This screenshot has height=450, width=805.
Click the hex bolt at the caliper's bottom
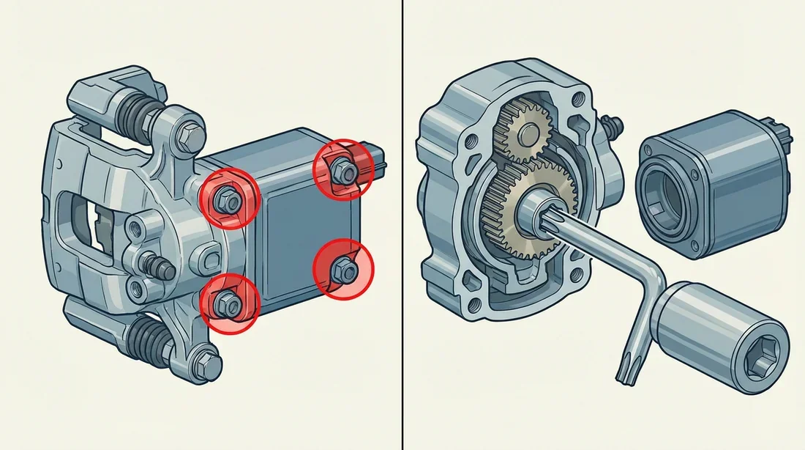tap(209, 363)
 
